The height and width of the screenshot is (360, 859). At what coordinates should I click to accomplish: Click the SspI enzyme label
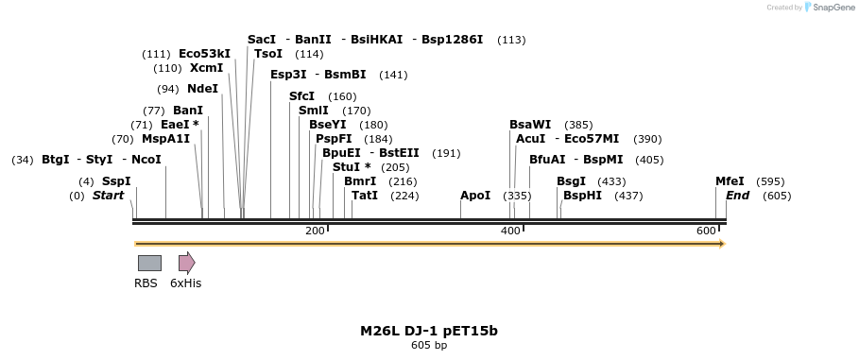[116, 181]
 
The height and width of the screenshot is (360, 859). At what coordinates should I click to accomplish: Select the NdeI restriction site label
[202, 89]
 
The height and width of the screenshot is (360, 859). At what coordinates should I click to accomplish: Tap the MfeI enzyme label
[730, 181]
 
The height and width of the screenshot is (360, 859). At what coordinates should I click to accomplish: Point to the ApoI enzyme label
[475, 196]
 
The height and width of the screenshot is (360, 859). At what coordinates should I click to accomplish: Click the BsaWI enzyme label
[530, 125]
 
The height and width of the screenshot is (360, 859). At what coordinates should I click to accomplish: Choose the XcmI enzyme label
[207, 68]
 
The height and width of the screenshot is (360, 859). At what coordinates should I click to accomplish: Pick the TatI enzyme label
[365, 196]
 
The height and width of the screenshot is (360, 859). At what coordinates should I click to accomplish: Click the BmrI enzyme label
[360, 181]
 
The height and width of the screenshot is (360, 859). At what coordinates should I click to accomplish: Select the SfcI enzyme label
[301, 96]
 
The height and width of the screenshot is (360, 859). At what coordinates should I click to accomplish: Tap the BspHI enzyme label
[582, 196]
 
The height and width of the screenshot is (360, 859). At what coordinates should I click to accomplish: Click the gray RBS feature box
[149, 263]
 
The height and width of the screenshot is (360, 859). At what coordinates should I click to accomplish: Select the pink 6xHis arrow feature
[186, 263]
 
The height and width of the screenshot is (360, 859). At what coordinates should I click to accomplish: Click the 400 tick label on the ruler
[510, 231]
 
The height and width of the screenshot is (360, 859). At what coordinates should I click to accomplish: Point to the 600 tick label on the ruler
[706, 231]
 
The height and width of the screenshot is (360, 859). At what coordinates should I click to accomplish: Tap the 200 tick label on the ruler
[315, 231]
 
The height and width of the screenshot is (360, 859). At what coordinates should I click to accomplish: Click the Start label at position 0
[108, 196]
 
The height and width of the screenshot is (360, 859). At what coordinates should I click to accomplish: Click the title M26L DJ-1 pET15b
[428, 331]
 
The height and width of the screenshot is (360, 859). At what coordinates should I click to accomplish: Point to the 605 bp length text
[429, 346]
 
